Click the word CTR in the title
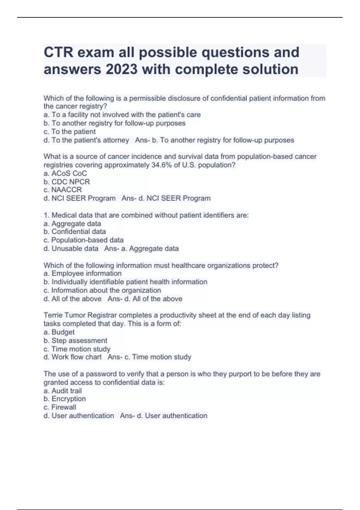[x=58, y=52]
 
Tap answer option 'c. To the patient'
[x=70, y=132]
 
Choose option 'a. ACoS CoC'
[x=65, y=173]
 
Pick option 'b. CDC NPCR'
[x=67, y=182]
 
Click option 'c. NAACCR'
[x=62, y=190]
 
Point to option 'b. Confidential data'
[x=75, y=232]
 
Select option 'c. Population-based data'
[x=83, y=240]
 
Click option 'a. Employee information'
[x=82, y=273]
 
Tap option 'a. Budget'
[x=59, y=332]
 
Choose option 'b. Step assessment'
[x=75, y=340]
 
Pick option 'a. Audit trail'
[x=62, y=391]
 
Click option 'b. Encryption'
[x=64, y=399]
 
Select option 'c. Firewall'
[x=60, y=407]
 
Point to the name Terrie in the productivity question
[x=53, y=315]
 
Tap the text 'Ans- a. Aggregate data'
[x=141, y=248]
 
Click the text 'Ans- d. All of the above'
[x=145, y=299]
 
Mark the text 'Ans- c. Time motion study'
[x=149, y=357]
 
